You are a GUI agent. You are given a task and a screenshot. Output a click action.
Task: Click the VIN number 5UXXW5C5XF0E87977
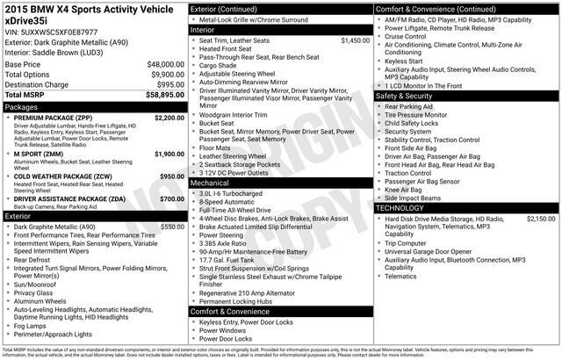coord(54,31)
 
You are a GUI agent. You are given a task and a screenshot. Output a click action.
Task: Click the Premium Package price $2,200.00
coord(169,117)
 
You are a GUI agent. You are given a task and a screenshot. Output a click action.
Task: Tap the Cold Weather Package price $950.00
coord(172,176)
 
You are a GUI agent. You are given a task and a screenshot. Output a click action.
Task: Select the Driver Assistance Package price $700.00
coord(172,198)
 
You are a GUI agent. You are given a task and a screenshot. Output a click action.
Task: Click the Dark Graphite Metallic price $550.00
coord(172,227)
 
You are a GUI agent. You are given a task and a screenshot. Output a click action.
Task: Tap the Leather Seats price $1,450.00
coord(355,40)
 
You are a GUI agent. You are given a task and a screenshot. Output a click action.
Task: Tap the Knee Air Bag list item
coord(403,188)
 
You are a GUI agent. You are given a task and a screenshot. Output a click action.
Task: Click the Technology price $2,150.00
coord(541,218)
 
